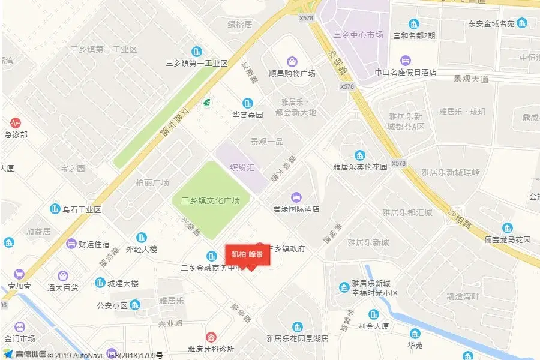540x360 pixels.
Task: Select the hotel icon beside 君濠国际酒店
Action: click(296, 197)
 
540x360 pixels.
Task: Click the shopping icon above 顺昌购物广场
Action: click(292, 61)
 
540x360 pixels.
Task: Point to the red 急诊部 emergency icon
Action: click(16, 122)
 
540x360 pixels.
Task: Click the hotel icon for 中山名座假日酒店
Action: click(406, 60)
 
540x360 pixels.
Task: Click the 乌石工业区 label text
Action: click(82, 209)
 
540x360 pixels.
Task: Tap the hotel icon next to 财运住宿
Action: click(71, 244)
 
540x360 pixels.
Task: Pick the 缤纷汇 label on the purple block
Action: click(242, 167)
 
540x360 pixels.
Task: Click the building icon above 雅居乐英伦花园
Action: click(360, 155)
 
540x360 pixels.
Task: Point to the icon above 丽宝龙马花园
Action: click(508, 227)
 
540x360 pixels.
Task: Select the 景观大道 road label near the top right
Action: click(471, 79)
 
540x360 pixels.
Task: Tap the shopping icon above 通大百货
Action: click(63, 276)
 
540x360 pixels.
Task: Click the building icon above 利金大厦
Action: click(374, 314)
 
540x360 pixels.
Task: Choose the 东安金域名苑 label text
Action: click(491, 24)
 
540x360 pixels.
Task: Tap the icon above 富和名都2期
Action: click(414, 24)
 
